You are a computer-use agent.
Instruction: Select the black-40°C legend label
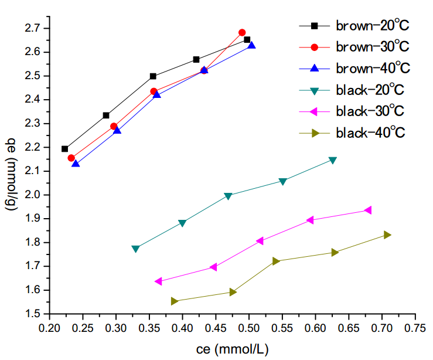[370, 133]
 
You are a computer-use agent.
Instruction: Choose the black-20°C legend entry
[370, 90]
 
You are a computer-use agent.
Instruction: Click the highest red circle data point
[242, 33]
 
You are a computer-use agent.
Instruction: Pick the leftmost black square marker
[65, 149]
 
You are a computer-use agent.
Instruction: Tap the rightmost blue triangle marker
[251, 45]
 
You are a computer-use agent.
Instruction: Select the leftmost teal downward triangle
[136, 249]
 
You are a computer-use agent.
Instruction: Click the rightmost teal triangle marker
[333, 160]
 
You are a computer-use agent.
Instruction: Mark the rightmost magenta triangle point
[368, 210]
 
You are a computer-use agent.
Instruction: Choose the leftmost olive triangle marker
[174, 301]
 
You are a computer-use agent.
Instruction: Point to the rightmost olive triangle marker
[387, 235]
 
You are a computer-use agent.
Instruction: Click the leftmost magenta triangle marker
[158, 281]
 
